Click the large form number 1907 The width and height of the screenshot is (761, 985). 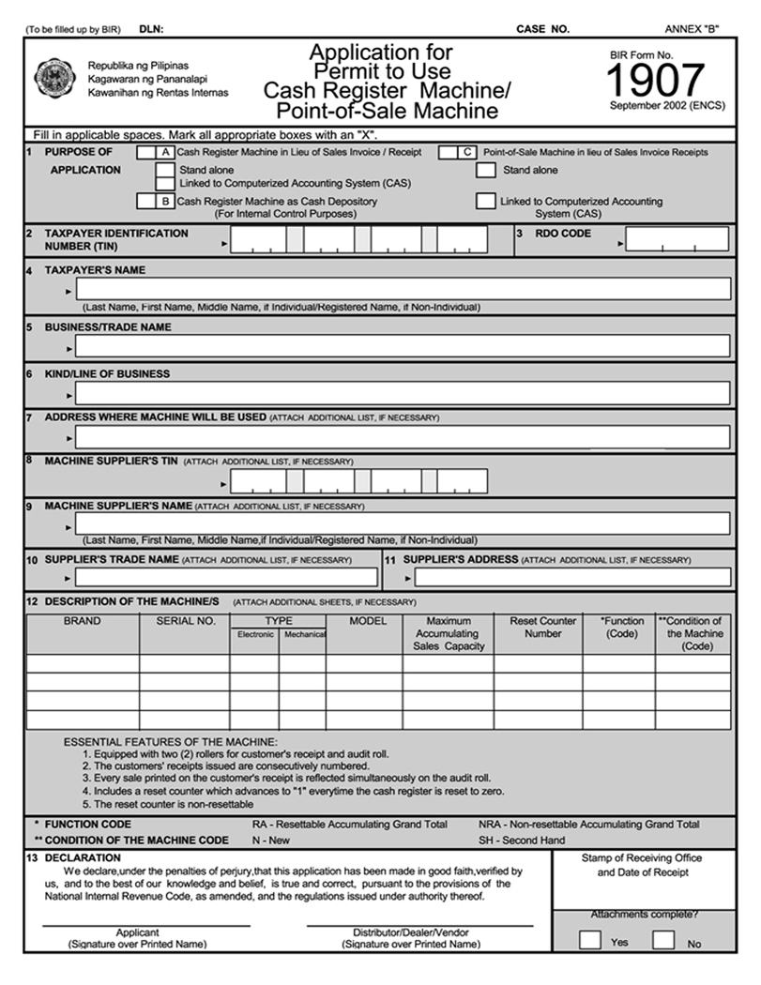(x=656, y=81)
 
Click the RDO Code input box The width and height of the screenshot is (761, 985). (x=677, y=239)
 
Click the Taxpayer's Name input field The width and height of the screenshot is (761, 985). (x=403, y=289)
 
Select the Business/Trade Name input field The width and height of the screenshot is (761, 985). (x=403, y=345)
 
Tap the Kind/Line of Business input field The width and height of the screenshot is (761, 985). (x=403, y=392)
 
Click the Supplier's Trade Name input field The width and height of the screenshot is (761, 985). (x=213, y=577)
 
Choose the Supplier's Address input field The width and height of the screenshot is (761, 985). (x=571, y=577)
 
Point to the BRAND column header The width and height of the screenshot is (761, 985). (x=83, y=621)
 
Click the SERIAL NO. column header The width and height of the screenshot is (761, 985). (x=184, y=621)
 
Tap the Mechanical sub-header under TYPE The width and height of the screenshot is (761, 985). (x=303, y=635)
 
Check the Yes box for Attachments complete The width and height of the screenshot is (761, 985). (x=590, y=939)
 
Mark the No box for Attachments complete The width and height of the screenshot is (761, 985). (x=663, y=939)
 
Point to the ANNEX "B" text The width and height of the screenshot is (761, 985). (x=692, y=29)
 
